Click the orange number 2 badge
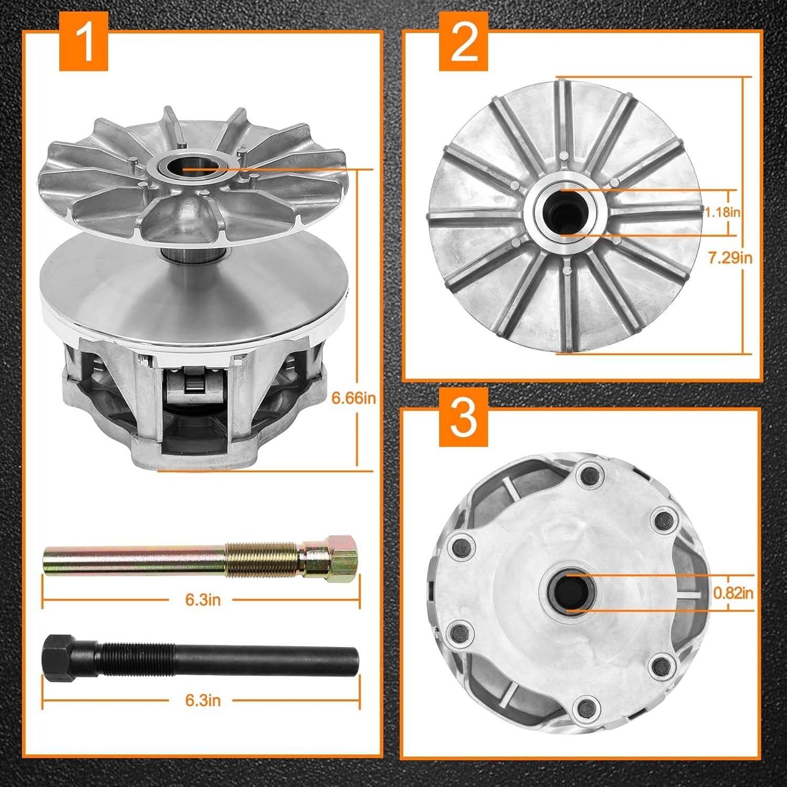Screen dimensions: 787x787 [464, 43]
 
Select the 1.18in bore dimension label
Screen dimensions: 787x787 [722, 212]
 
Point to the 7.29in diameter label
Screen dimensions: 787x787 [730, 258]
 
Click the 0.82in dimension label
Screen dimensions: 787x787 [733, 593]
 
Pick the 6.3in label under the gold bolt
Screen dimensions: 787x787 [203, 600]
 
